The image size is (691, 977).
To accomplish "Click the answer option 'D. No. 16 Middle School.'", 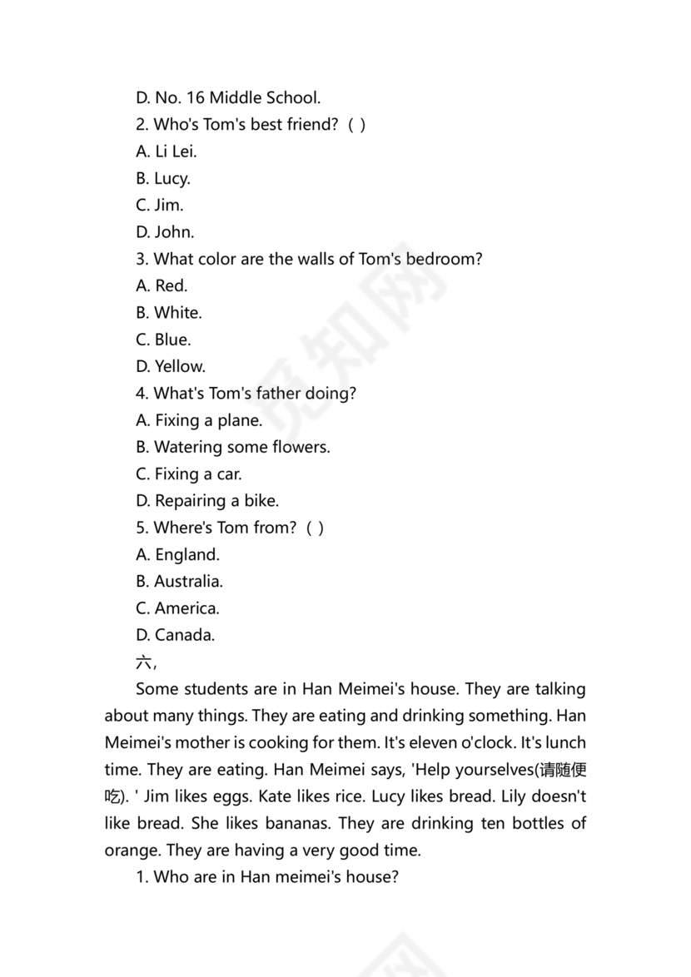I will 227,98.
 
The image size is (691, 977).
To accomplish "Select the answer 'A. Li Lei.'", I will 167,151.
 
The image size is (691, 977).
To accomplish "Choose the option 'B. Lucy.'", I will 163,179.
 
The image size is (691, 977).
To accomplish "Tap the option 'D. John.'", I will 165,232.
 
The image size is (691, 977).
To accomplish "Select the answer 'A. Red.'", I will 162,286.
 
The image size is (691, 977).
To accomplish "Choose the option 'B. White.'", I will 169,313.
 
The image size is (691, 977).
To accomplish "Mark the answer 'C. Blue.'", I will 163,340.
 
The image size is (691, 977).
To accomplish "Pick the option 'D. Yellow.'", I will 171,366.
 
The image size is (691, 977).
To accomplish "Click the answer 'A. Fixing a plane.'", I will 199,420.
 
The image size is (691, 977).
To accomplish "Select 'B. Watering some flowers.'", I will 233,447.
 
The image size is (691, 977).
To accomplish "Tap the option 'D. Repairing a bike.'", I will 207,501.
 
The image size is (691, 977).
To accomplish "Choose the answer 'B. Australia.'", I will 179,582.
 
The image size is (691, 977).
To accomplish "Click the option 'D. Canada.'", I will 175,635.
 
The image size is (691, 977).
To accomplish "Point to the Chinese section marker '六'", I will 143,662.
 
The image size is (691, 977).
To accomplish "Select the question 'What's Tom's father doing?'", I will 246,394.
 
